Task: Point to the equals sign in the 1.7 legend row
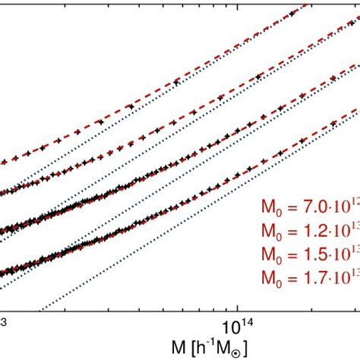(x=289, y=274)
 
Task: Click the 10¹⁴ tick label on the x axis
(x=238, y=327)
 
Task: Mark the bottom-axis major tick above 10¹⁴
(x=238, y=308)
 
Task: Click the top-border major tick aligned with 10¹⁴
(x=238, y=3)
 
